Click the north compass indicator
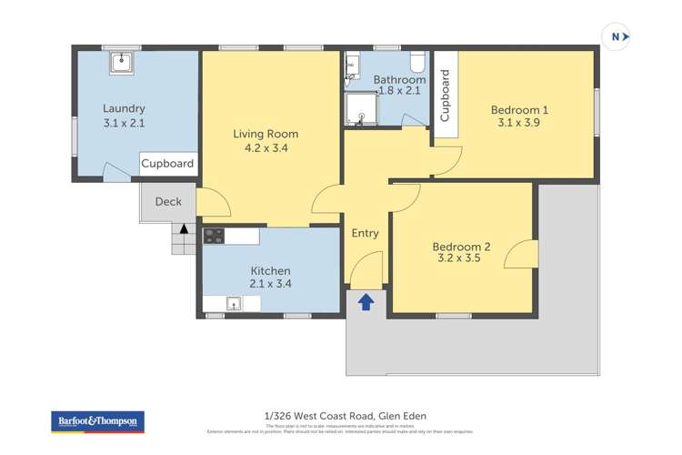(x=616, y=36)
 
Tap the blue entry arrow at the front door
(x=366, y=302)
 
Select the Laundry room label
(x=124, y=109)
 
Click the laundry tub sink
(x=121, y=62)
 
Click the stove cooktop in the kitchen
(x=214, y=236)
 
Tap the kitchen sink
(x=233, y=304)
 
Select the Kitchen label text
(x=270, y=270)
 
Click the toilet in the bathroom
(x=417, y=62)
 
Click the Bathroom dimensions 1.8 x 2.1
(x=399, y=91)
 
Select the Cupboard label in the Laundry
(x=168, y=164)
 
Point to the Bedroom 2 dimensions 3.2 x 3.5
(x=461, y=258)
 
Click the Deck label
(x=167, y=202)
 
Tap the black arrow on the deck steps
(x=184, y=229)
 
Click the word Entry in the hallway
(x=365, y=234)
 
